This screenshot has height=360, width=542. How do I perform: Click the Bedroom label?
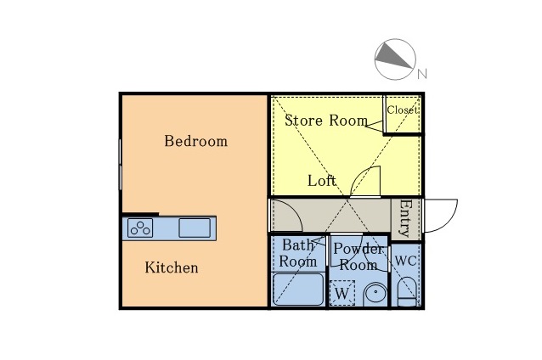pos(195,141)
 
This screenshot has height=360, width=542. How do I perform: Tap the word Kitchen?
pos(172,267)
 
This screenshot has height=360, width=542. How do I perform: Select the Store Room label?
pos(326,121)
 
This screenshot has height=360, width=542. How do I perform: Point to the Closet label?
pos(403,110)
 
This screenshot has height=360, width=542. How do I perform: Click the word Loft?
pos(322,181)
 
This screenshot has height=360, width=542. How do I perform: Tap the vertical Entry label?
pos(405,218)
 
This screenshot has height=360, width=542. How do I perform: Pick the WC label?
pos(405,261)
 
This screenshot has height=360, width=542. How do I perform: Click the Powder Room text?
pos(359,256)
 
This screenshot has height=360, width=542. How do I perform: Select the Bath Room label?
pos(298,253)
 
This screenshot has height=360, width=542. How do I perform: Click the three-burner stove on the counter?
pos(140,228)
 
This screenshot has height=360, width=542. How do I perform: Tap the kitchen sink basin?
pos(195,228)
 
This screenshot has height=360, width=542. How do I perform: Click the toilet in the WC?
pos(407,291)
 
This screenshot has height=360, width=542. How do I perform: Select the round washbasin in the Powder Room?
pos(375,295)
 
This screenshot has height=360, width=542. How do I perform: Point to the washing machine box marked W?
pos(342,293)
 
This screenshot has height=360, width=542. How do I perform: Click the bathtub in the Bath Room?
pos(298,290)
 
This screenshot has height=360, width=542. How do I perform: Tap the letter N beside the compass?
pos(422,74)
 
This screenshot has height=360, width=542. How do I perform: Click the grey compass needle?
pos(394,55)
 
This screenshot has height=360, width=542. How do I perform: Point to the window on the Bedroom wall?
pos(121,165)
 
